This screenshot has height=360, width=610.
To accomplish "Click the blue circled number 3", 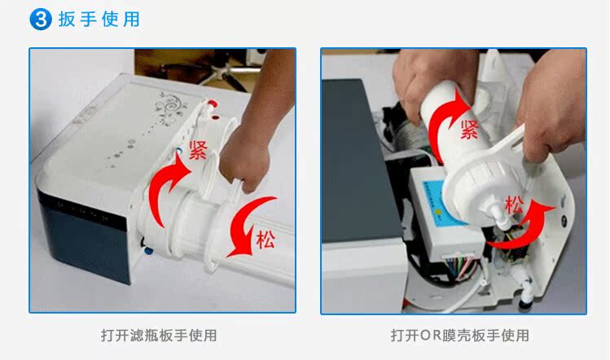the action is point(41,20).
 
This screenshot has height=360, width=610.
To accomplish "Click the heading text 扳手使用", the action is point(99,20).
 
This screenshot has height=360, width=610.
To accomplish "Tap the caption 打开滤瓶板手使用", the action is point(159,335).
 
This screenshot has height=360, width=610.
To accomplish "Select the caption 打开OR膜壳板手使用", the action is point(460,335).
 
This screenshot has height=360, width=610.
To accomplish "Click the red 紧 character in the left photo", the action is point(198,150).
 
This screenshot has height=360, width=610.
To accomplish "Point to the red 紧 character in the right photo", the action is point(470,130).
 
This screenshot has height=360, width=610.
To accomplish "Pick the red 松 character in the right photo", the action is point(514,205).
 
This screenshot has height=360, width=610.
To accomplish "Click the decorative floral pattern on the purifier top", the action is point(169,107).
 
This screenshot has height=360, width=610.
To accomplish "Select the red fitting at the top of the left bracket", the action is point(212,104).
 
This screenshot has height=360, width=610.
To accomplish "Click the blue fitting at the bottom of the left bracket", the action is point(148,250).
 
